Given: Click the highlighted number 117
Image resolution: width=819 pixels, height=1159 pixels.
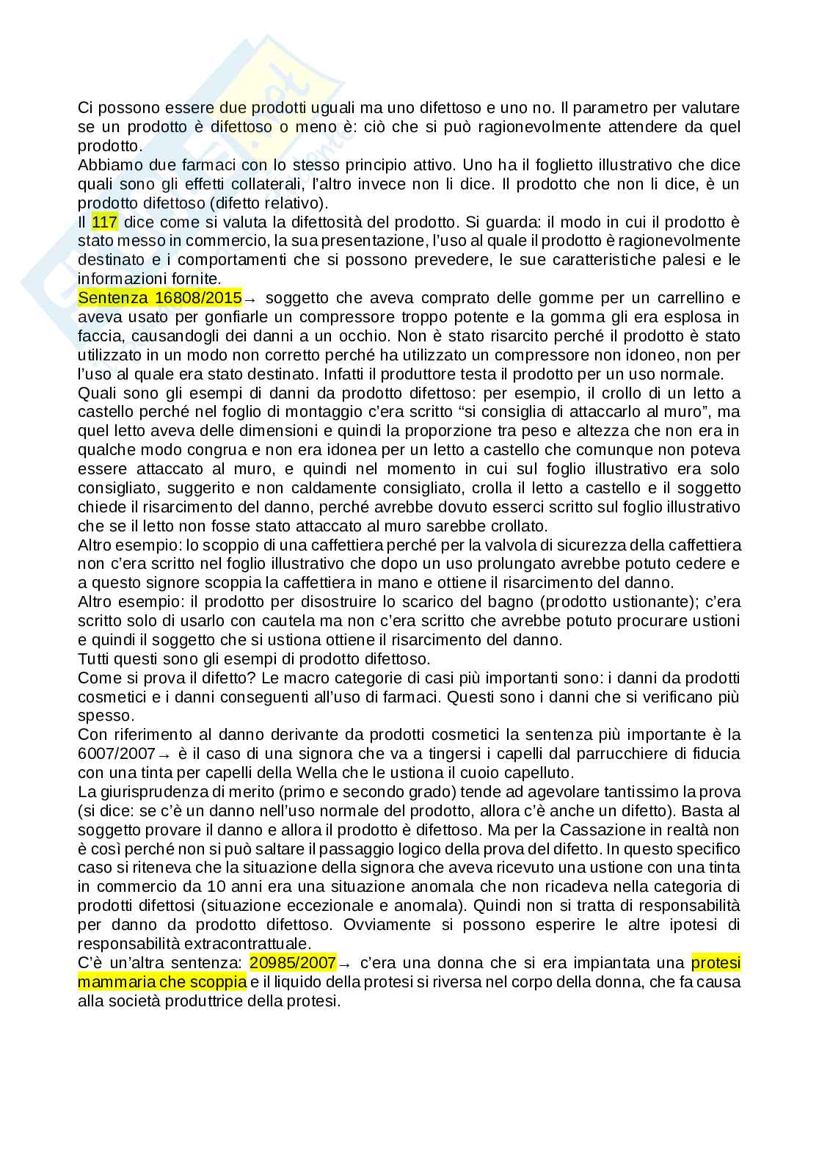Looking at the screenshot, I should [104, 222].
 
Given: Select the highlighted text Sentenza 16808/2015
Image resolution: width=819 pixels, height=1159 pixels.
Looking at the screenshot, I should [160, 298].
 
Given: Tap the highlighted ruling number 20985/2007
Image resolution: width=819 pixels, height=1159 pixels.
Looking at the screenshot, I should [293, 962].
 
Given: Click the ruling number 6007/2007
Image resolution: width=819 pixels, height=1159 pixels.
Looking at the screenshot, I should [116, 754].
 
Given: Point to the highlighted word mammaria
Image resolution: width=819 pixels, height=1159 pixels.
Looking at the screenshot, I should [112, 981].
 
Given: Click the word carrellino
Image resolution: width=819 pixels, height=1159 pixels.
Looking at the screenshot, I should [700, 298].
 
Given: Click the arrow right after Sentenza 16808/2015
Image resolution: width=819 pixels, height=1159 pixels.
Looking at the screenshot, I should [250, 299].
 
